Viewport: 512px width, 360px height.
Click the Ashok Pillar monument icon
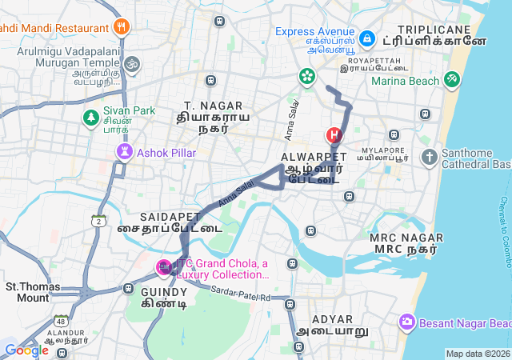(x=124, y=151)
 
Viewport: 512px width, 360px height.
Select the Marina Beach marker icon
(x=452, y=80)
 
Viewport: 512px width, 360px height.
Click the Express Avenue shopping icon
(x=366, y=38)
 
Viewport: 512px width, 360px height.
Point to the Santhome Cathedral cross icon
(x=430, y=157)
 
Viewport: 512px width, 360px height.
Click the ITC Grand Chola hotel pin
(x=164, y=266)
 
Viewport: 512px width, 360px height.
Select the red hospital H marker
(x=334, y=135)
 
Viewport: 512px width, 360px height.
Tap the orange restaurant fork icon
(x=122, y=26)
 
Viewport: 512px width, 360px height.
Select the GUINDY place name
(x=164, y=291)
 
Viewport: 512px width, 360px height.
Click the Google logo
(x=26, y=350)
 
